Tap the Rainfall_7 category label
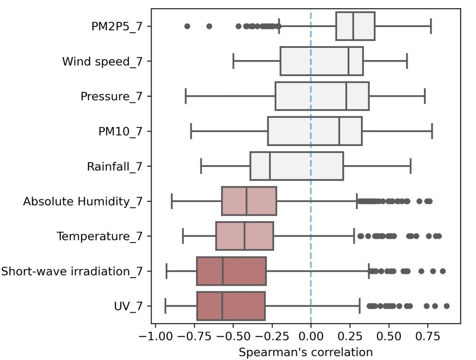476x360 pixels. point(115,166)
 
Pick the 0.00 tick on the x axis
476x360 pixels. point(311,338)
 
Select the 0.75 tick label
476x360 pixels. point(428,338)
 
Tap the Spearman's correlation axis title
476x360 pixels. point(305,352)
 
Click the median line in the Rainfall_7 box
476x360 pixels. point(270,166)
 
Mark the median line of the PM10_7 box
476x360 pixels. point(340,131)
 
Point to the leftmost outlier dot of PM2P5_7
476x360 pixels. point(187,27)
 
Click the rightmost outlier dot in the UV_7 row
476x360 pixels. point(446,306)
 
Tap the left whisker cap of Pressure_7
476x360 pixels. point(186,96)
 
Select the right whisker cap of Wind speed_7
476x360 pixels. point(407,62)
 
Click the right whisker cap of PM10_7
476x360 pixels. point(432,131)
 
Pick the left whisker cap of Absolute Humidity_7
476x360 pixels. point(172,201)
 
